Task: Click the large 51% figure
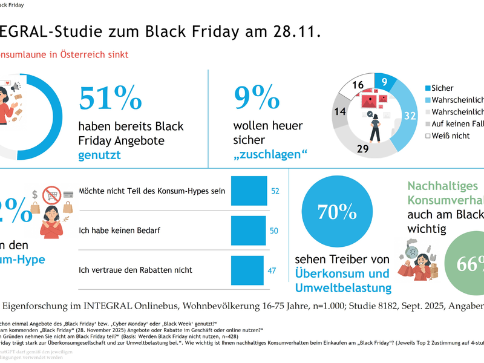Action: pos(111,98)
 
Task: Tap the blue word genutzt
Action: pos(100,155)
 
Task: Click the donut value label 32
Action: pos(410,116)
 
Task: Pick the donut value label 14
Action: pos(339,111)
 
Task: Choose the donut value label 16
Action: pos(358,85)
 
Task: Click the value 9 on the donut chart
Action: pos(385,83)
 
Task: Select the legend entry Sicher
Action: pos(442,88)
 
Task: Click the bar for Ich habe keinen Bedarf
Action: pos(248,231)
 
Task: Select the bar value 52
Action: pos(275,191)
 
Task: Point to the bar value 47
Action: pos(272,270)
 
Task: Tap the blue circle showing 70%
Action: pos(338,211)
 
